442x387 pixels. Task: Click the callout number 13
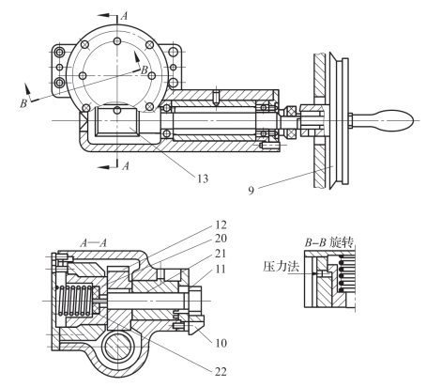[203, 178]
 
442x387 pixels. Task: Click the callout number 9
[251, 191]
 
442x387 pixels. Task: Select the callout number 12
[221, 224]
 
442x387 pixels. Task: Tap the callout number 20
[221, 239]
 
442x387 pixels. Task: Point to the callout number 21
[221, 253]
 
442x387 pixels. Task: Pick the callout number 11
[221, 269]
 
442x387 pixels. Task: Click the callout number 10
[221, 343]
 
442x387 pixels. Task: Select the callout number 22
[221, 372]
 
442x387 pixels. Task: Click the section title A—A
[94, 243]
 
